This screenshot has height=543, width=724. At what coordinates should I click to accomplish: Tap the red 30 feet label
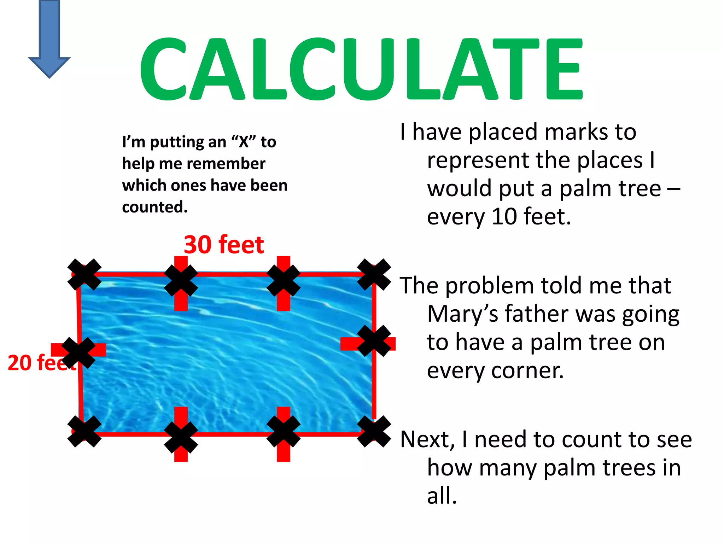point(224,245)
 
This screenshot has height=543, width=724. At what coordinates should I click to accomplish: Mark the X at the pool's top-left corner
point(84,275)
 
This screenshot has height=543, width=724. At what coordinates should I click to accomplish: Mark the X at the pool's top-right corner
point(374,275)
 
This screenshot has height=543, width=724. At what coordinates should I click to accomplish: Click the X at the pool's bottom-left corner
point(84,431)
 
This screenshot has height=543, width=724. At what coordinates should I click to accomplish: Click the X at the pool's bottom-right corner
point(374,431)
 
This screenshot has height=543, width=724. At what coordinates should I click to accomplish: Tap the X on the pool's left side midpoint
point(78,352)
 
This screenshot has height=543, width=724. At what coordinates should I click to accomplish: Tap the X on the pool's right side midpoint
point(374,341)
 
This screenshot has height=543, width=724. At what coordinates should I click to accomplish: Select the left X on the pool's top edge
point(181,281)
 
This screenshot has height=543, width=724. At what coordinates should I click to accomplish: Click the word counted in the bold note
point(154,207)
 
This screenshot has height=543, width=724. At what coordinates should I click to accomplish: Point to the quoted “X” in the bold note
point(244,142)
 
